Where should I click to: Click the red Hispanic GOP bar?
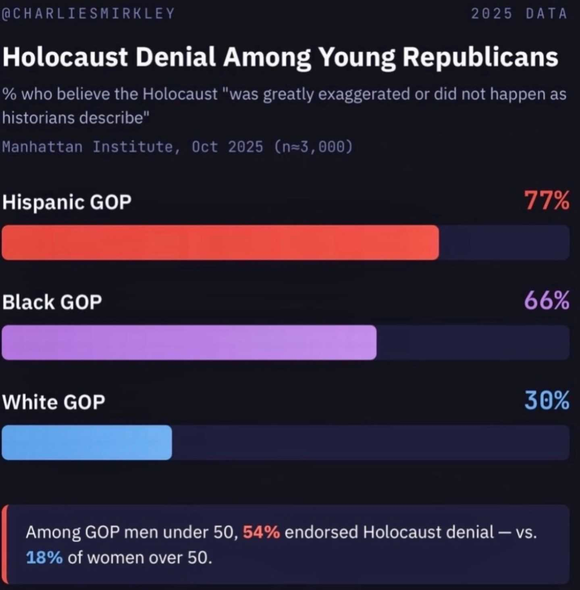pyautogui.click(x=220, y=243)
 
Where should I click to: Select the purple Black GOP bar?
pyautogui.click(x=189, y=342)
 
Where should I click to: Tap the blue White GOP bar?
pyautogui.click(x=87, y=442)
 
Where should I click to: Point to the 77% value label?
pyautogui.click(x=547, y=201)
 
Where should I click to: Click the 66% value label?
pyautogui.click(x=547, y=301)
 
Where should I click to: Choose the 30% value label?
pyautogui.click(x=547, y=401)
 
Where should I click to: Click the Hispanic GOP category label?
pyautogui.click(x=67, y=202)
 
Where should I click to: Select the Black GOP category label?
pyautogui.click(x=52, y=302)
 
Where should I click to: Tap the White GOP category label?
pyautogui.click(x=54, y=402)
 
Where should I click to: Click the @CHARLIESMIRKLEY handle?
pyautogui.click(x=88, y=14)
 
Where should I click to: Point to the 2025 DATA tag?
pyautogui.click(x=519, y=14)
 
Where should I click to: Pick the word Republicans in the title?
pyautogui.click(x=480, y=56)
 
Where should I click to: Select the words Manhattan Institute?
pyautogui.click(x=91, y=146)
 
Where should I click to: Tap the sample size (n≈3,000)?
pyautogui.click(x=313, y=146)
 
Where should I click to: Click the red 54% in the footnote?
pyautogui.click(x=261, y=532)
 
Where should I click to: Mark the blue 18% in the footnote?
pyautogui.click(x=44, y=558)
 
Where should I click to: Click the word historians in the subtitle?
pyautogui.click(x=38, y=118)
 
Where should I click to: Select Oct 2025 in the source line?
pyautogui.click(x=227, y=146)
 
